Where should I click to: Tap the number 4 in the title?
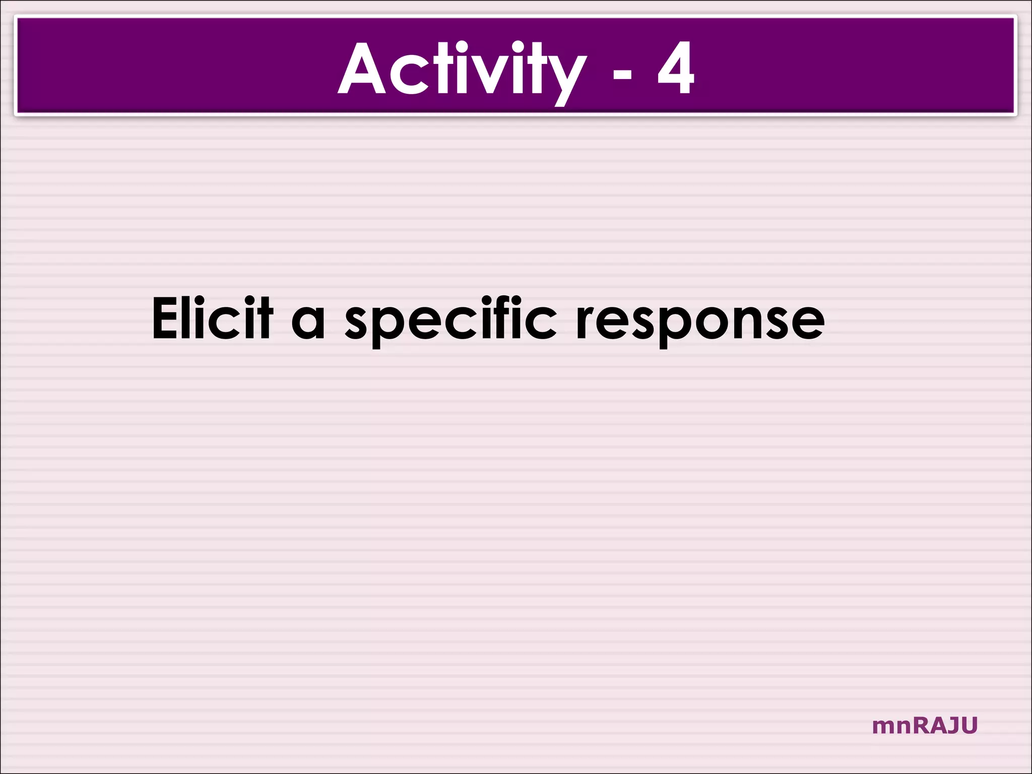[x=676, y=69]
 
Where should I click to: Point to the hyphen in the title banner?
[x=622, y=75]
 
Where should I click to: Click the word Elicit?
[x=212, y=318]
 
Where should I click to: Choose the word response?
[x=700, y=322]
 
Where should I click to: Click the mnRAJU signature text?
[x=924, y=726]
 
